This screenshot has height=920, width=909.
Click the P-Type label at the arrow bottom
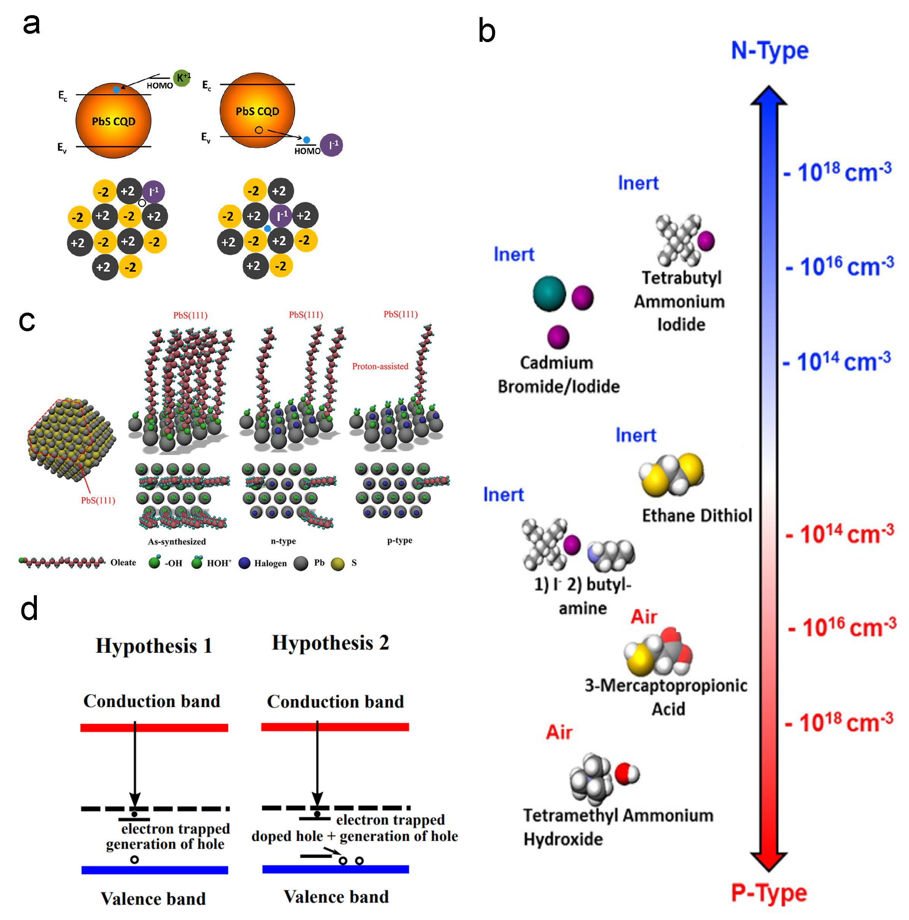[768, 893]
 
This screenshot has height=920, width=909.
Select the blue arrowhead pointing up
[768, 95]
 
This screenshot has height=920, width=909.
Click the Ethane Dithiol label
[697, 516]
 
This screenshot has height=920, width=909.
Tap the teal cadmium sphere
[549, 293]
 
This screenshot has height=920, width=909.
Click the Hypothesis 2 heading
[330, 642]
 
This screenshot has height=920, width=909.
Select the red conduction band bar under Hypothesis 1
[154, 728]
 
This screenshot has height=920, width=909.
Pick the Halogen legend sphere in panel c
[244, 563]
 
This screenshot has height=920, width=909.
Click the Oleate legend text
[123, 563]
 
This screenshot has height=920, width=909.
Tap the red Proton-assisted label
[380, 366]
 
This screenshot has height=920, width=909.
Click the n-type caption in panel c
[283, 541]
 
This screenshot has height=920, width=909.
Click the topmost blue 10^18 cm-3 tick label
[837, 172]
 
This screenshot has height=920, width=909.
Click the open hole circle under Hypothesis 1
[135, 860]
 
